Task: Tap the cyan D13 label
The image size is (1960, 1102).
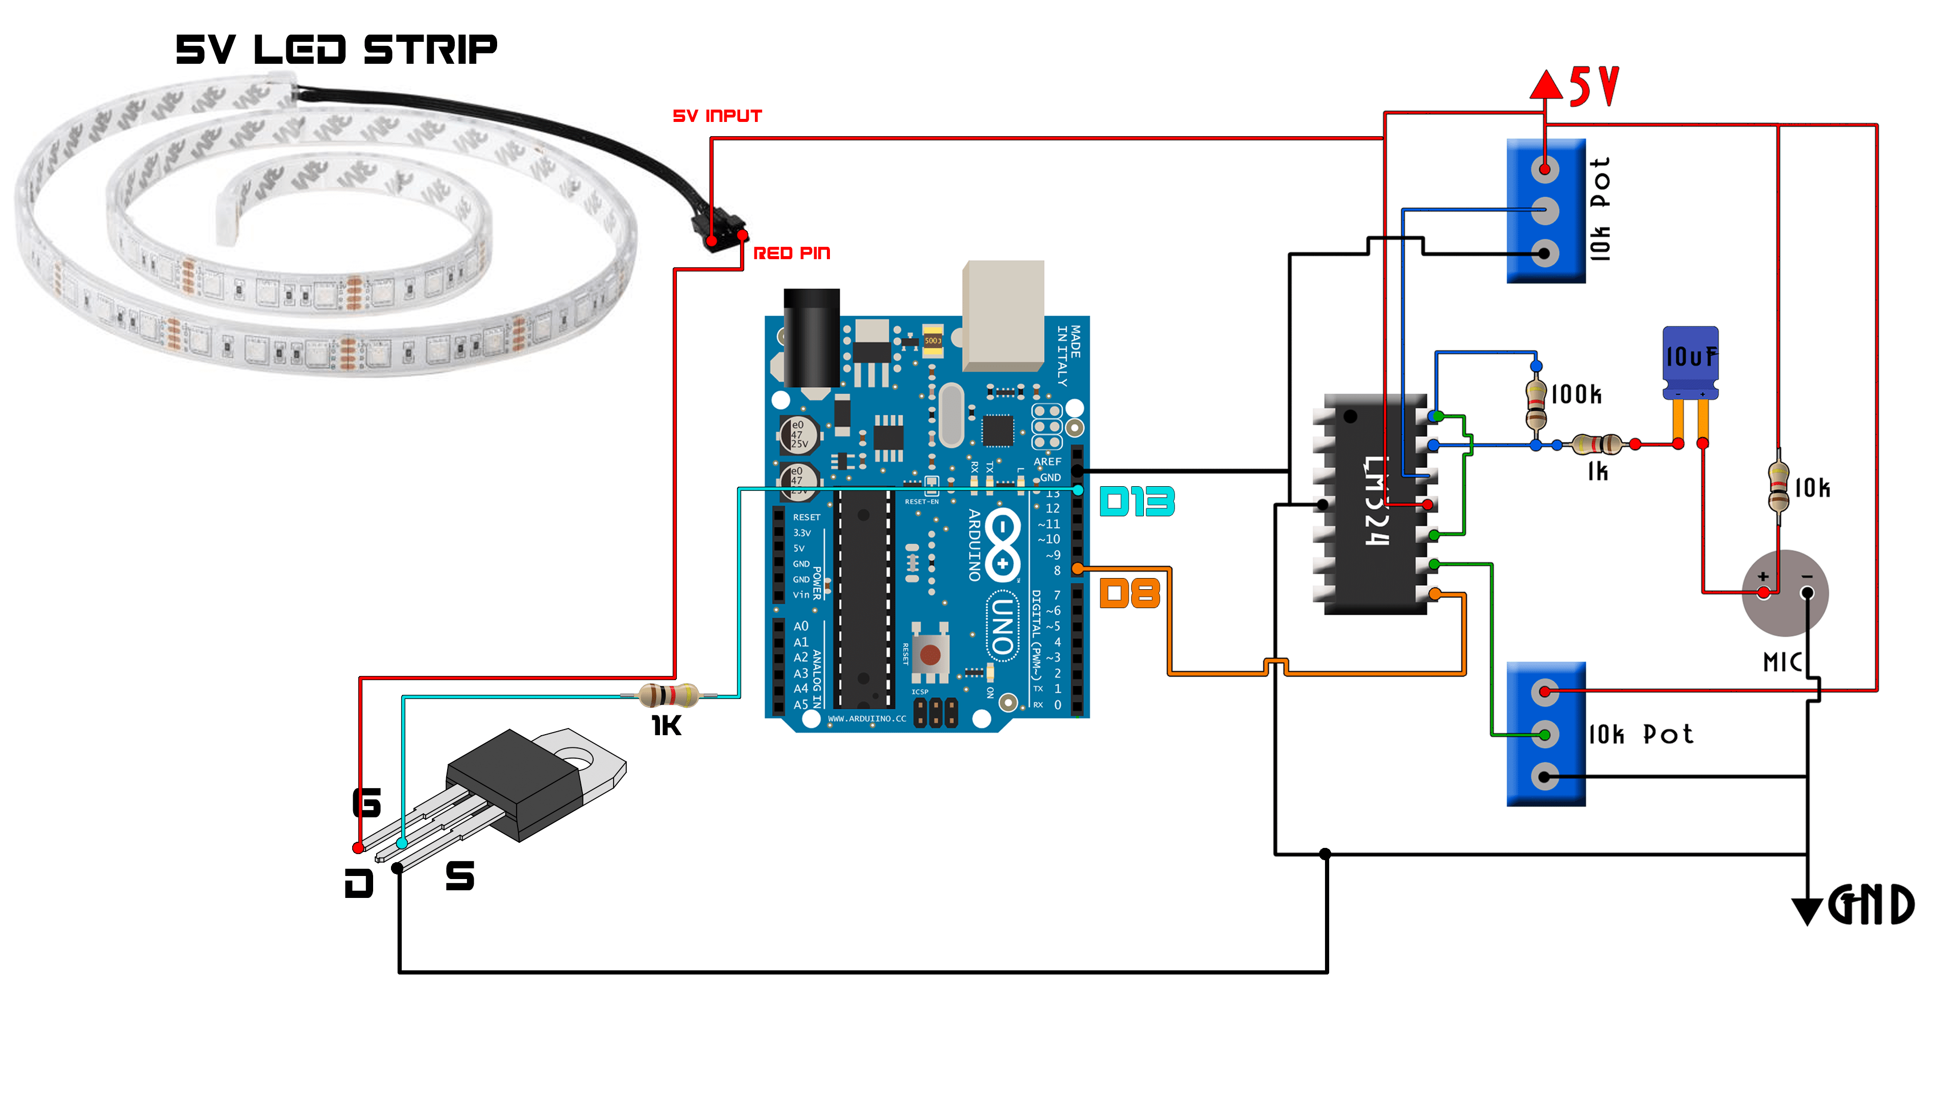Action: pyautogui.click(x=1137, y=502)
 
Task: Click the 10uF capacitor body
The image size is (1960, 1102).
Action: pyautogui.click(x=1690, y=359)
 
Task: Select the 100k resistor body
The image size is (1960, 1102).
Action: pyautogui.click(x=1536, y=405)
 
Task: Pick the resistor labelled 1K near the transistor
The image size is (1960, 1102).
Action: pyautogui.click(x=668, y=695)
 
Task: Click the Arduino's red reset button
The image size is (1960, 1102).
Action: pyautogui.click(x=930, y=654)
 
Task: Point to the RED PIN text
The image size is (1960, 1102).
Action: pyautogui.click(x=791, y=253)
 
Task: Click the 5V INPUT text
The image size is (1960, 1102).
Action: pyautogui.click(x=717, y=116)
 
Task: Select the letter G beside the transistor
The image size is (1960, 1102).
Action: pyautogui.click(x=367, y=803)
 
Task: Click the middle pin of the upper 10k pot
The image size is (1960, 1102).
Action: pyautogui.click(x=1545, y=211)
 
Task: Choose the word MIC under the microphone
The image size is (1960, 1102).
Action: pyautogui.click(x=1782, y=662)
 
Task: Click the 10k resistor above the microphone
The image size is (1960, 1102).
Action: pyautogui.click(x=1778, y=488)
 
